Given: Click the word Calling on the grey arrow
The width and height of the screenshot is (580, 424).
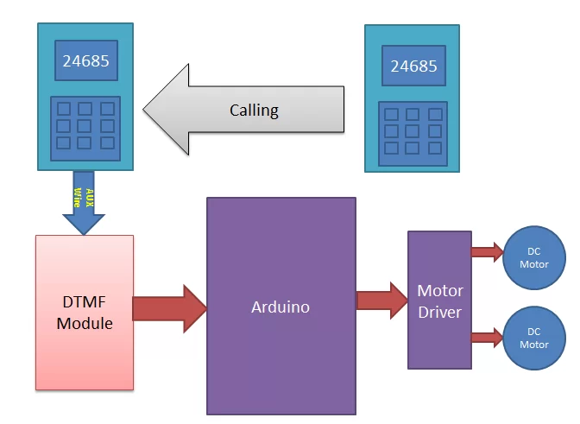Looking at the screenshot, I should [254, 110].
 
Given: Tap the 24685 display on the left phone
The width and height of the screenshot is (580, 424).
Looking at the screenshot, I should [85, 61].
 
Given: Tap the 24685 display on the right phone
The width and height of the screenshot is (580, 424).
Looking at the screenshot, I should [413, 66].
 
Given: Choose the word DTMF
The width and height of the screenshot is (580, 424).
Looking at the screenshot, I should [85, 302].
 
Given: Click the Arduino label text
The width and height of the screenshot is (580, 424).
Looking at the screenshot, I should [281, 307].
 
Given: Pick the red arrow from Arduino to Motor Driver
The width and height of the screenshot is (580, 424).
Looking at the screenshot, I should [381, 301].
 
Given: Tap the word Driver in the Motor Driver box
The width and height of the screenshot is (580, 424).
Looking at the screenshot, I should [440, 311].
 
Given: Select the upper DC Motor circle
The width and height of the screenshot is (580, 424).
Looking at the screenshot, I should [533, 258].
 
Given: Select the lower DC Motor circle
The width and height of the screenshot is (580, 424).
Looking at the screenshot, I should [533, 338].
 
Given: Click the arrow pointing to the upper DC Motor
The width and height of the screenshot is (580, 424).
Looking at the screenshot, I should [488, 252].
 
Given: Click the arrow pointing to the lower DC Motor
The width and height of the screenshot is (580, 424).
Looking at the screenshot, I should [488, 336].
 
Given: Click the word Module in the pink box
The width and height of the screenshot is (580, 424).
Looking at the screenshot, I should [85, 324].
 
